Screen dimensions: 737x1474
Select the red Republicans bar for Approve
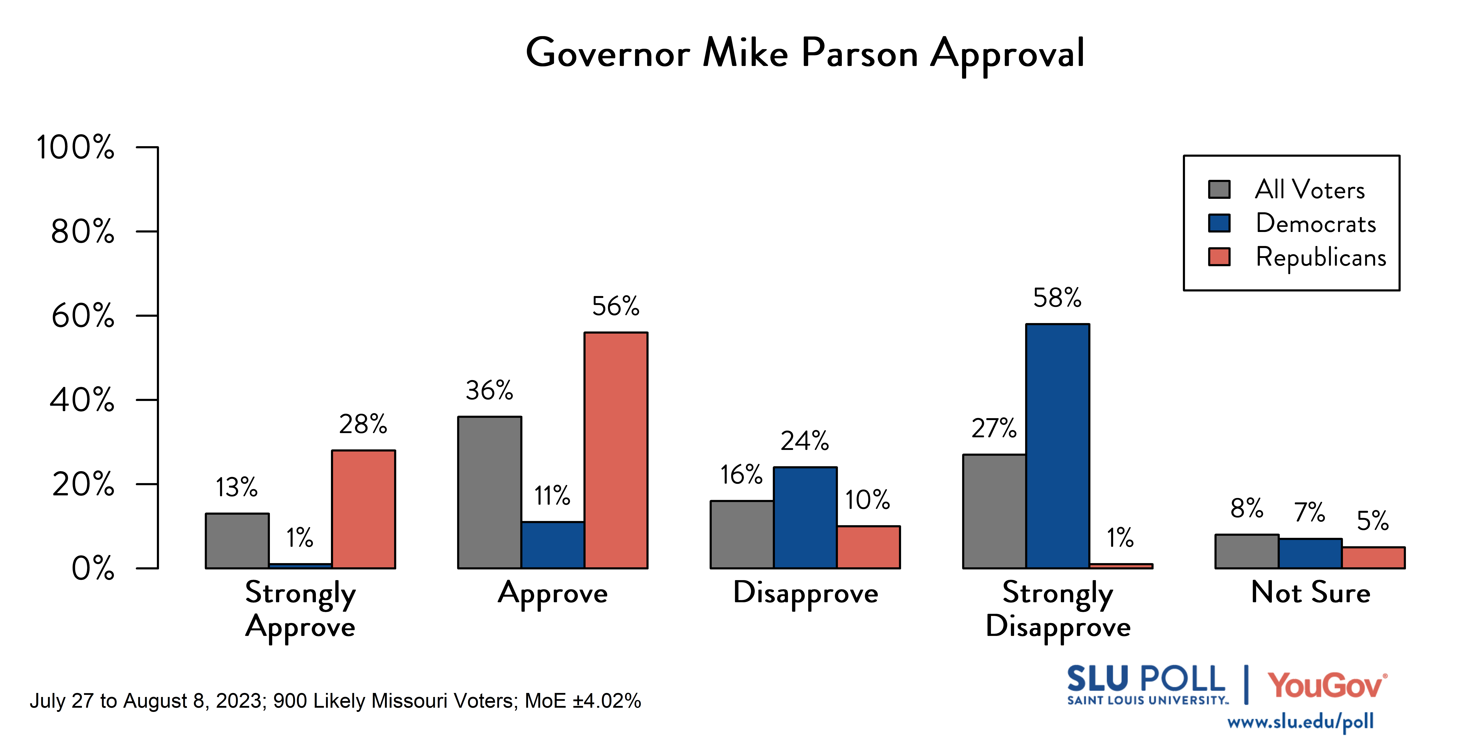616,450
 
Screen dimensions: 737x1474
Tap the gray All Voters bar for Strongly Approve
237,541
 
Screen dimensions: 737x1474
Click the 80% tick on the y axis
83,232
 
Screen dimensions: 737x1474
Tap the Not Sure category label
1310,593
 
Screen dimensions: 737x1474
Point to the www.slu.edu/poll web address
1300,722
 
